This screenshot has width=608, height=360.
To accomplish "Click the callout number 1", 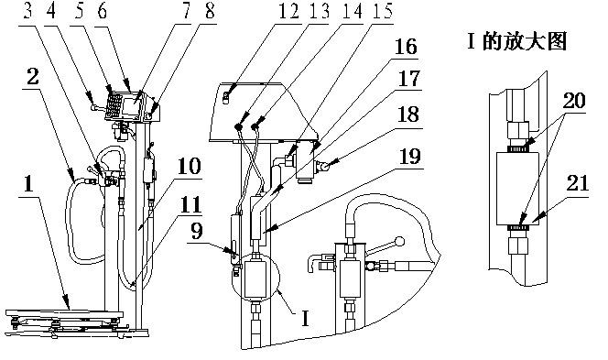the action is tap(28, 184).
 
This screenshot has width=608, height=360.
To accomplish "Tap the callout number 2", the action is tap(33, 76).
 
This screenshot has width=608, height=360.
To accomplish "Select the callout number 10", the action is tap(190, 167).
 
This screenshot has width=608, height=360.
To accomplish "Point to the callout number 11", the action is tap(191, 204).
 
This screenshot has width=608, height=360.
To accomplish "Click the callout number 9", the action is tap(197, 232).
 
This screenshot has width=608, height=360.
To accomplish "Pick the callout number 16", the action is tap(406, 47).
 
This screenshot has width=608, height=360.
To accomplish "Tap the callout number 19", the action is tap(410, 157).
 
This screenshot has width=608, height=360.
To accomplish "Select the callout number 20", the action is tap(574, 100).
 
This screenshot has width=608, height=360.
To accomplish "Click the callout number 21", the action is tap(578, 182).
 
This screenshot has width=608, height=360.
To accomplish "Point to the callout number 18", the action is tap(408, 115).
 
